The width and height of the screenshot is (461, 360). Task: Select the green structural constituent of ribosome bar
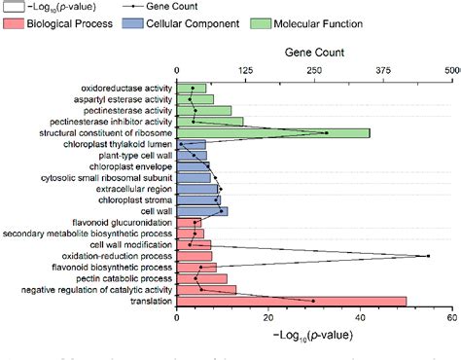(x=272, y=132)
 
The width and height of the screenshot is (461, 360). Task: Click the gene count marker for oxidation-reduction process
(x=429, y=256)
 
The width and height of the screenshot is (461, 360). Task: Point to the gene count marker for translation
(x=313, y=301)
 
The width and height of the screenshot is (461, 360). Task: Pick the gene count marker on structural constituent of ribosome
(x=326, y=132)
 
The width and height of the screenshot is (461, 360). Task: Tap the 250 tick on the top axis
(x=314, y=70)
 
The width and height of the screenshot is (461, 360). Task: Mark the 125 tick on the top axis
(x=245, y=70)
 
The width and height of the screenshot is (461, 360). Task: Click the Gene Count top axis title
(x=313, y=54)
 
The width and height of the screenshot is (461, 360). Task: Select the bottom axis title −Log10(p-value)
(x=313, y=334)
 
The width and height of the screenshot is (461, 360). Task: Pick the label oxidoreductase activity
(x=126, y=88)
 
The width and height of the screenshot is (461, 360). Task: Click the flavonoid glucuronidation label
(x=116, y=222)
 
